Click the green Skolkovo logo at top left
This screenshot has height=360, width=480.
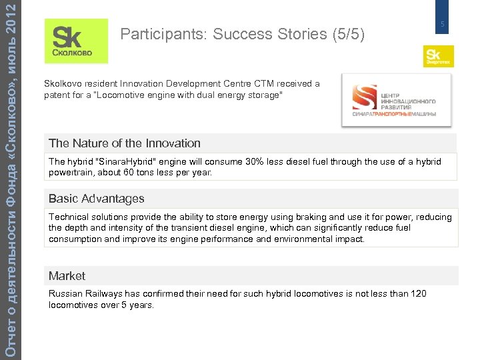click(76, 41)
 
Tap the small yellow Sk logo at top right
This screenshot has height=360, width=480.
click(438, 56)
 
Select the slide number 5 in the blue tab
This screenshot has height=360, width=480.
click(441, 25)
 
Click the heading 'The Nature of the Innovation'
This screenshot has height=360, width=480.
click(125, 143)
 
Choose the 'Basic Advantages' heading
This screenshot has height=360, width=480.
click(97, 199)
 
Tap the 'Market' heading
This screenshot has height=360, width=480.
click(67, 276)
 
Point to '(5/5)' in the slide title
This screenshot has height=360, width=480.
click(348, 35)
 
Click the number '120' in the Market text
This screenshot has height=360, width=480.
click(418, 294)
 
